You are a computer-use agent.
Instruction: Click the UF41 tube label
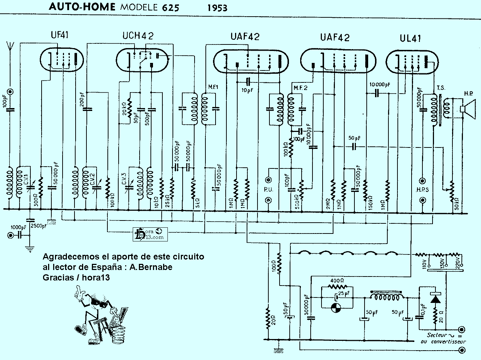pos(59,35)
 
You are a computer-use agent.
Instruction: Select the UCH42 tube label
pos(138,35)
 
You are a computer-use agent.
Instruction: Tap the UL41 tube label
pos(410,38)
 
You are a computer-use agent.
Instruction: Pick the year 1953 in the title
pos(217,8)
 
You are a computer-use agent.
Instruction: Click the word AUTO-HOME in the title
pos(82,7)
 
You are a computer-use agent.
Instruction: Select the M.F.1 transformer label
pos(213,87)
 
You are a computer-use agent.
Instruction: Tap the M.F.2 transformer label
pos(300,88)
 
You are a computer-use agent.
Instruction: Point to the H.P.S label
pos(422,189)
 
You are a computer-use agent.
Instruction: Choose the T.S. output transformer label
pos(441,88)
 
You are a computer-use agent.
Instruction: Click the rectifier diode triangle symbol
pos(435,299)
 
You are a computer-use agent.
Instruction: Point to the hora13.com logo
pos(149,234)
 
